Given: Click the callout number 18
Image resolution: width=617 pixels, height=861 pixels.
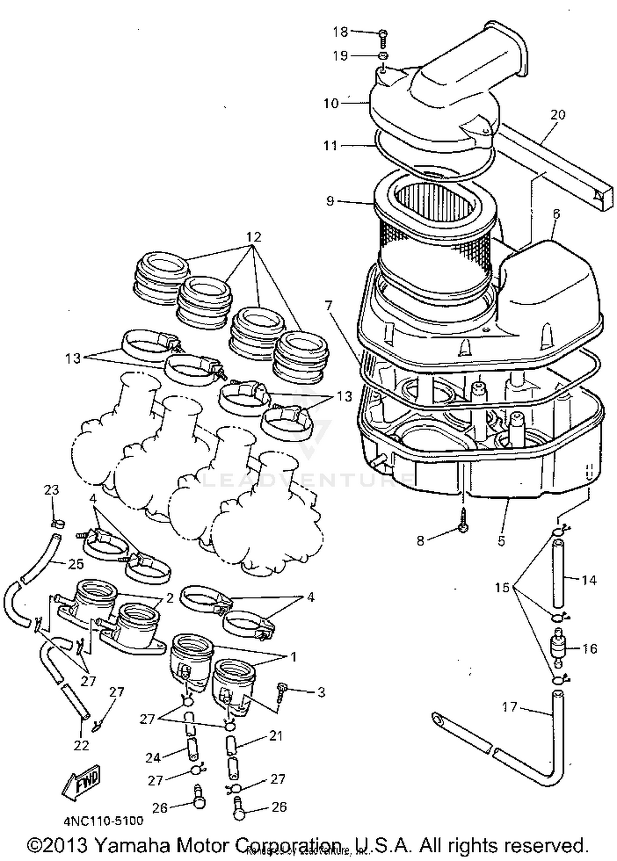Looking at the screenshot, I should tap(340, 32).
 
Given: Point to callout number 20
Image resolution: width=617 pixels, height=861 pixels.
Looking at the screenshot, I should tap(557, 115).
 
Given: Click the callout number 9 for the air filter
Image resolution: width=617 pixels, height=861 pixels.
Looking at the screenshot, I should tap(330, 201).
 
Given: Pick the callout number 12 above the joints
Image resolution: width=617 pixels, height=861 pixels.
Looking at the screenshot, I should tap(254, 237).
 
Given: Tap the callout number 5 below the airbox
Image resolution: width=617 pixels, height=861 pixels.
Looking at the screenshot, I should tap(501, 541).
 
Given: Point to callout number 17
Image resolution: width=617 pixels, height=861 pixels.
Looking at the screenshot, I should tap(509, 707).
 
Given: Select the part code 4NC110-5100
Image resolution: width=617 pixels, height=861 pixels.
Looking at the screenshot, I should tap(103, 821).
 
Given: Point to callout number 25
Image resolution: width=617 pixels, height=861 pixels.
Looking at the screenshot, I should tap(76, 564).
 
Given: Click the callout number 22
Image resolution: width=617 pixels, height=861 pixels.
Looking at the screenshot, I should tap(81, 745).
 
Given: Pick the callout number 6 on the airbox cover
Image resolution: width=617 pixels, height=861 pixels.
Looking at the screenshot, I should tap(556, 214).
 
